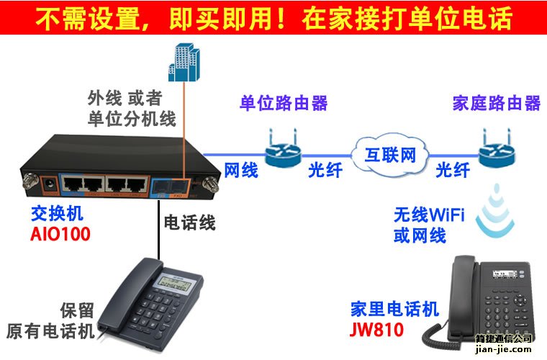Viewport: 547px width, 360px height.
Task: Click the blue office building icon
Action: click(x=184, y=63)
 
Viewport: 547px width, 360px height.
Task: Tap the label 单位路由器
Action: click(x=284, y=103)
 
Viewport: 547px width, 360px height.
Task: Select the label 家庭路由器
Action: click(x=497, y=103)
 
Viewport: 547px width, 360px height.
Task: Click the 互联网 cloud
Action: click(x=390, y=155)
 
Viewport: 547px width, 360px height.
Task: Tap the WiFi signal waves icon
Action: click(x=495, y=210)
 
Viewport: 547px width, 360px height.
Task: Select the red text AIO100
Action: click(x=60, y=234)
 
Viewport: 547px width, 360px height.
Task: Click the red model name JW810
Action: click(x=376, y=329)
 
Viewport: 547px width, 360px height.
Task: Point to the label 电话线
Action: click(x=189, y=222)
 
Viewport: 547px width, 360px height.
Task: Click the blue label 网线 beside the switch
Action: click(x=240, y=170)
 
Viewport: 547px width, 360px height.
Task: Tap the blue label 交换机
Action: click(x=57, y=214)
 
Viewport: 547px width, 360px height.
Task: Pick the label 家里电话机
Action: click(x=394, y=309)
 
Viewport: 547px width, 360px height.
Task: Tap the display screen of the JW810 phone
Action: click(x=504, y=274)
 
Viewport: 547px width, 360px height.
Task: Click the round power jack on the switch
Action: click(x=49, y=184)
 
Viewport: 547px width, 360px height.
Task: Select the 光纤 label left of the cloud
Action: click(x=325, y=170)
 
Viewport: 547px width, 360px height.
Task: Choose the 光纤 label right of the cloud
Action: click(x=453, y=170)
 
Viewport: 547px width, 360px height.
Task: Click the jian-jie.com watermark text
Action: click(x=503, y=348)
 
